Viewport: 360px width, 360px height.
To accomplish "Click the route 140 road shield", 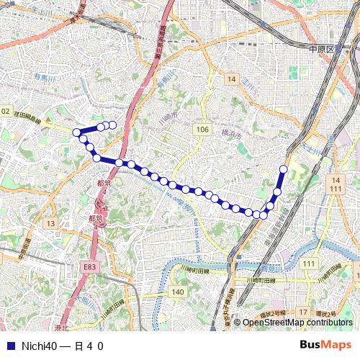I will pos(178,292).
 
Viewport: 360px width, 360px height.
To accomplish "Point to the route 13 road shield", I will pos(50,224).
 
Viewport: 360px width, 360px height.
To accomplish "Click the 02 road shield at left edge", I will pos(5,111).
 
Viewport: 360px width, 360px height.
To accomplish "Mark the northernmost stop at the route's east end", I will pos(283,169).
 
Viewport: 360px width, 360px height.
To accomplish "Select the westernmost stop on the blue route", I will pos(76,132).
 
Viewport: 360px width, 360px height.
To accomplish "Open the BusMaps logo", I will pos(326,345).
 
